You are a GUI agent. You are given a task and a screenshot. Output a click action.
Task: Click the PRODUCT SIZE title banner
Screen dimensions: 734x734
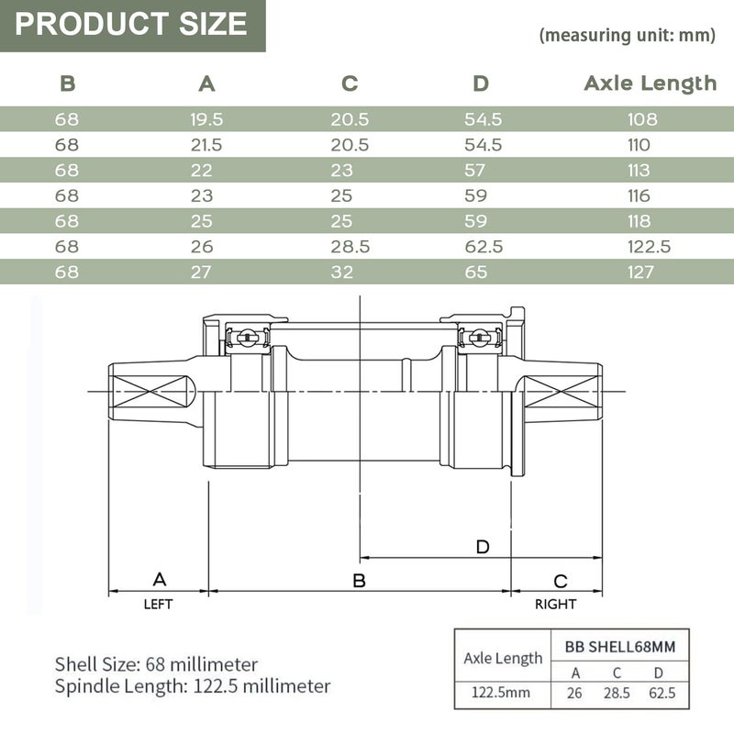132,24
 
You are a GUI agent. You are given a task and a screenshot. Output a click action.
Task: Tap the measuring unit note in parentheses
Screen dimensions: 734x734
628,36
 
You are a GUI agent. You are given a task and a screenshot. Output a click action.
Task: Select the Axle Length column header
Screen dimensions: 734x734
650,83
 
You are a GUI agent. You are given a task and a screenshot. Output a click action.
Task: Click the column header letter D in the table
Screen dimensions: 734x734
481,83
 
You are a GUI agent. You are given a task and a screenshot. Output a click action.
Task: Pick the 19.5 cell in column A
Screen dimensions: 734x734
207,119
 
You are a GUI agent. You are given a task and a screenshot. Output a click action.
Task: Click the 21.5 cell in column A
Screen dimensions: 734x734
207,145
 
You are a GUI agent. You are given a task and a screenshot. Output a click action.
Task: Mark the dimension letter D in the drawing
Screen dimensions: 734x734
483,547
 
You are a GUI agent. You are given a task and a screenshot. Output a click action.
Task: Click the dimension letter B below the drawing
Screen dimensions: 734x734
360,580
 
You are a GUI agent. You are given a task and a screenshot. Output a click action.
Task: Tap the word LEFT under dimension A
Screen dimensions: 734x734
158,605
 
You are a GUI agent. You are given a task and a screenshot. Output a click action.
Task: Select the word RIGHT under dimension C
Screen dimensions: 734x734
556,605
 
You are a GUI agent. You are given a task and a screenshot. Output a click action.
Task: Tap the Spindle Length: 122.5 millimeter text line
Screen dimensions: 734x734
193,685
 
